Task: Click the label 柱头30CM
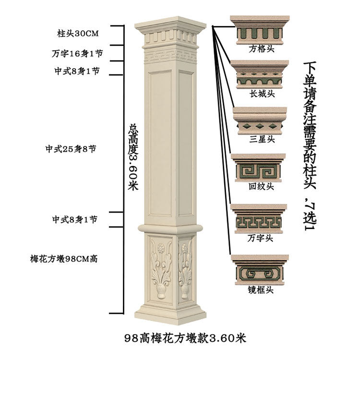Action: (78, 34)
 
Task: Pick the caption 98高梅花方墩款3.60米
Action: (185, 338)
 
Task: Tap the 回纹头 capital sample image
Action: (259, 168)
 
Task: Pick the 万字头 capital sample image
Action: (259, 218)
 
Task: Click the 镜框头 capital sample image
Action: (260, 269)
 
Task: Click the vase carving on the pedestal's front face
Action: (161, 290)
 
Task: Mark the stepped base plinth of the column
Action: (170, 315)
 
